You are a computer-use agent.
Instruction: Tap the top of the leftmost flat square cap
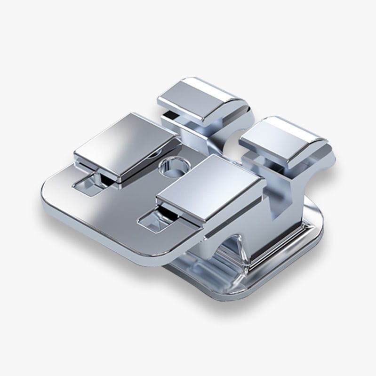pos(126,142)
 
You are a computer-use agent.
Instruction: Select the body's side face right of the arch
pos(273,245)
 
